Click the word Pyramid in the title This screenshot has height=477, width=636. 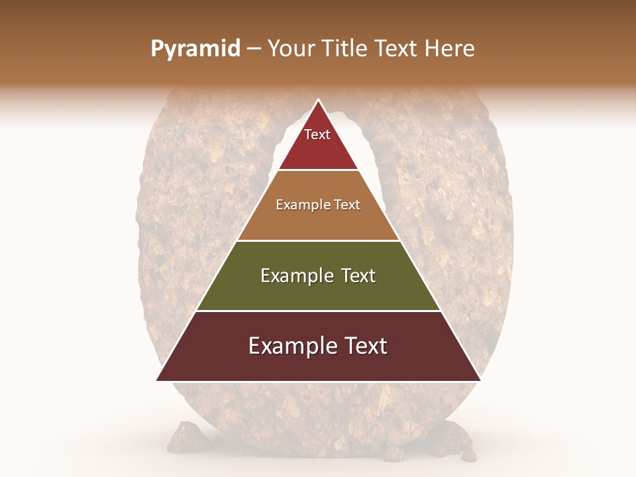point(195,49)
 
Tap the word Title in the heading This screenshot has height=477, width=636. point(348,48)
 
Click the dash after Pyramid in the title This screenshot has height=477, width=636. point(254,49)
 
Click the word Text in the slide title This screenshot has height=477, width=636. point(397,48)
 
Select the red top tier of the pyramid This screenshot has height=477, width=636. point(318,149)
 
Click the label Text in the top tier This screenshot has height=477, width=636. point(317,134)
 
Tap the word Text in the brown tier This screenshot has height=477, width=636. point(347,205)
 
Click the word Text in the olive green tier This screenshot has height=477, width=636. point(358,276)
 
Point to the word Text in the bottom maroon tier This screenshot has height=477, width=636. point(363,346)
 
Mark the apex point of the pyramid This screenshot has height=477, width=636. point(319,99)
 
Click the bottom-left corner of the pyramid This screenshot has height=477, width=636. point(157,381)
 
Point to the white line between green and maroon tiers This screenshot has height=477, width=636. point(318,311)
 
